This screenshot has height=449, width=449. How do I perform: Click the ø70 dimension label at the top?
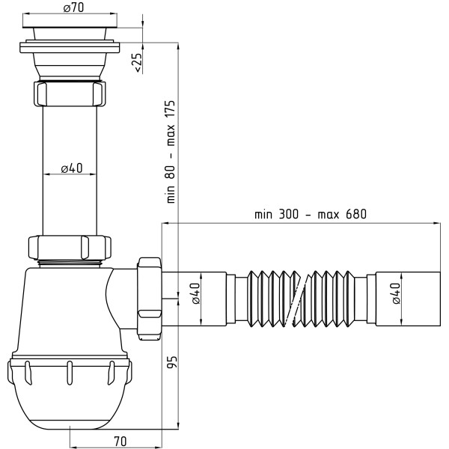tap(73, 7)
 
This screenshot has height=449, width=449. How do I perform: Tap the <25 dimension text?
tap(138, 62)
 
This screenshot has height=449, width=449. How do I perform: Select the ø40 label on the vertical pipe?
tap(72, 168)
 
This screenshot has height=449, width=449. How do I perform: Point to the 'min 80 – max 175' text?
tap(171, 152)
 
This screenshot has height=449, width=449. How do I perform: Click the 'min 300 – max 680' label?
tap(311, 214)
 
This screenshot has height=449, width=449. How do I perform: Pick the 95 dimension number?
tap(172, 362)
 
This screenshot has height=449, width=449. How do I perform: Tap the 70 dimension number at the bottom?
tap(120, 442)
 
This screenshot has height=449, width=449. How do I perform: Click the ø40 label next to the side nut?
tap(195, 293)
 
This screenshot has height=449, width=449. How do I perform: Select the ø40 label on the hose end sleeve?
tap(396, 293)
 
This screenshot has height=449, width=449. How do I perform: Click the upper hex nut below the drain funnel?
tap(70, 94)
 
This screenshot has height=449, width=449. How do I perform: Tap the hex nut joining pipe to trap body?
tap(70, 248)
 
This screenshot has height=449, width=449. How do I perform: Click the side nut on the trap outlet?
tap(149, 299)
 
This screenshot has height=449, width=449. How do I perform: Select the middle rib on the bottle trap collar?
tap(70, 373)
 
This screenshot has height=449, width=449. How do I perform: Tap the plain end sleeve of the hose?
tap(408, 299)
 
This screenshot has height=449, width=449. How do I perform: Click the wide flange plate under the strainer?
tap(70, 48)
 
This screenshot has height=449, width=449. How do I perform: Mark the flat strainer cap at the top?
tap(70, 27)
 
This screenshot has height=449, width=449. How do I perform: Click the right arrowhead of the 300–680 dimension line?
tap(437, 223)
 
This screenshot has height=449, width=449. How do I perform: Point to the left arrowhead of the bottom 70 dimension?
tap(73, 448)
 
